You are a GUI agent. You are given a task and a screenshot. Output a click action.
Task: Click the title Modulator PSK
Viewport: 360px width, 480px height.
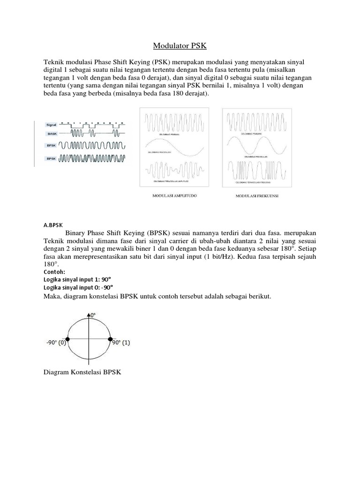(x=180, y=46)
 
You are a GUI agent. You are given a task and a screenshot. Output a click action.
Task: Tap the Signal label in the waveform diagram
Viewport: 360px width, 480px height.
(x=51, y=125)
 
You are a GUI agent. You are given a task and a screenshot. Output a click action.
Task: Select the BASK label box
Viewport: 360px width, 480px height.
(x=51, y=134)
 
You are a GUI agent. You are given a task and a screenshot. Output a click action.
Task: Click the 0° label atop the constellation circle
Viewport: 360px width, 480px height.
(x=93, y=315)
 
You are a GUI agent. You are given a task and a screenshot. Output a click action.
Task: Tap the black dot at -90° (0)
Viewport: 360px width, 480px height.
(x=67, y=339)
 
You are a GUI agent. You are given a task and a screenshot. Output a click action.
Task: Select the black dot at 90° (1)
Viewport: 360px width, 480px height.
(x=111, y=339)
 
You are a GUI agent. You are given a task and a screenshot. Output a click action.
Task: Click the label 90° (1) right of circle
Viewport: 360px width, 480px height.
(x=121, y=343)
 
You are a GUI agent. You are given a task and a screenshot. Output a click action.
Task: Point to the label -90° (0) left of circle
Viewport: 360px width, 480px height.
(x=56, y=343)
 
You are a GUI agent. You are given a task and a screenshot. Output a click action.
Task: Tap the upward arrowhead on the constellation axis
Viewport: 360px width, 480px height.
(x=89, y=313)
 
